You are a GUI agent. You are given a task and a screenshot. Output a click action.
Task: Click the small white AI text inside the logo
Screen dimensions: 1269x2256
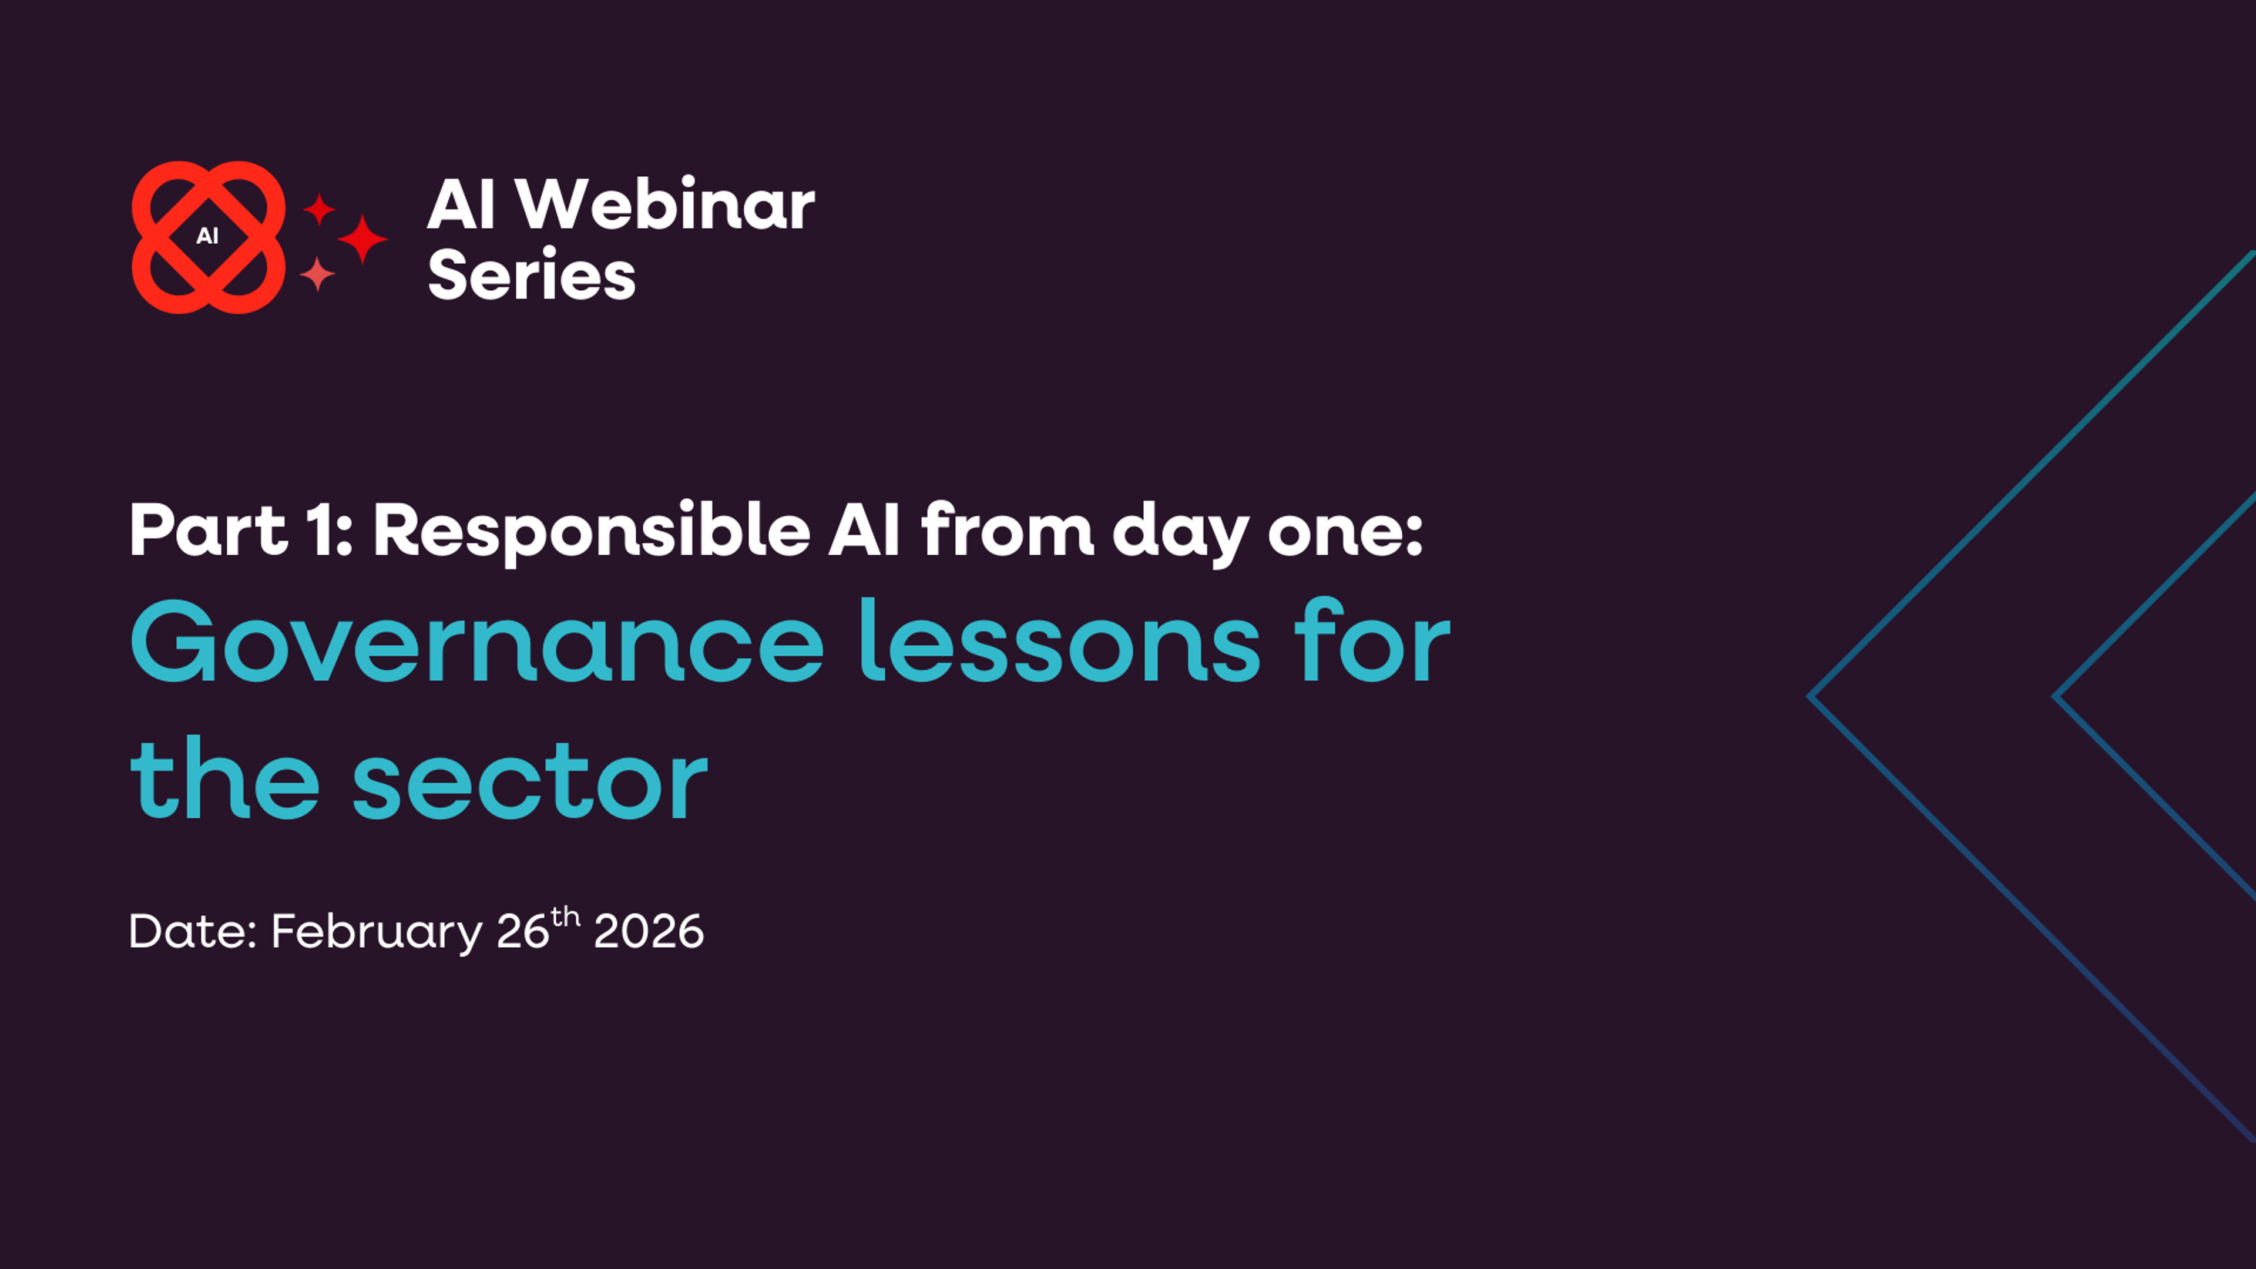click(x=207, y=236)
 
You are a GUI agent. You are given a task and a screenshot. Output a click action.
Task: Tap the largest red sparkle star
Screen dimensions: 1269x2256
click(x=362, y=238)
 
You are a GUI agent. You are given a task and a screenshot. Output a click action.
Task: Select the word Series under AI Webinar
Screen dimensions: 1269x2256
click(x=531, y=275)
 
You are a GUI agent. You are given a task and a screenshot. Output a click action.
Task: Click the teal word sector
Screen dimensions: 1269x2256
click(x=530, y=780)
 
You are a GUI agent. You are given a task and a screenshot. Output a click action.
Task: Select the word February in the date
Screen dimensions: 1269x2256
click(x=377, y=932)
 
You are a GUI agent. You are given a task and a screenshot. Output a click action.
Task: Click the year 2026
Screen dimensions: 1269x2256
click(x=648, y=931)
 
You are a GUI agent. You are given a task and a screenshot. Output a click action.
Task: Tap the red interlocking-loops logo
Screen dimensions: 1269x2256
click(x=209, y=237)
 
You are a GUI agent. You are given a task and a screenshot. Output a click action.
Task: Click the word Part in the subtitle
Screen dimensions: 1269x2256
click(x=209, y=531)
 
